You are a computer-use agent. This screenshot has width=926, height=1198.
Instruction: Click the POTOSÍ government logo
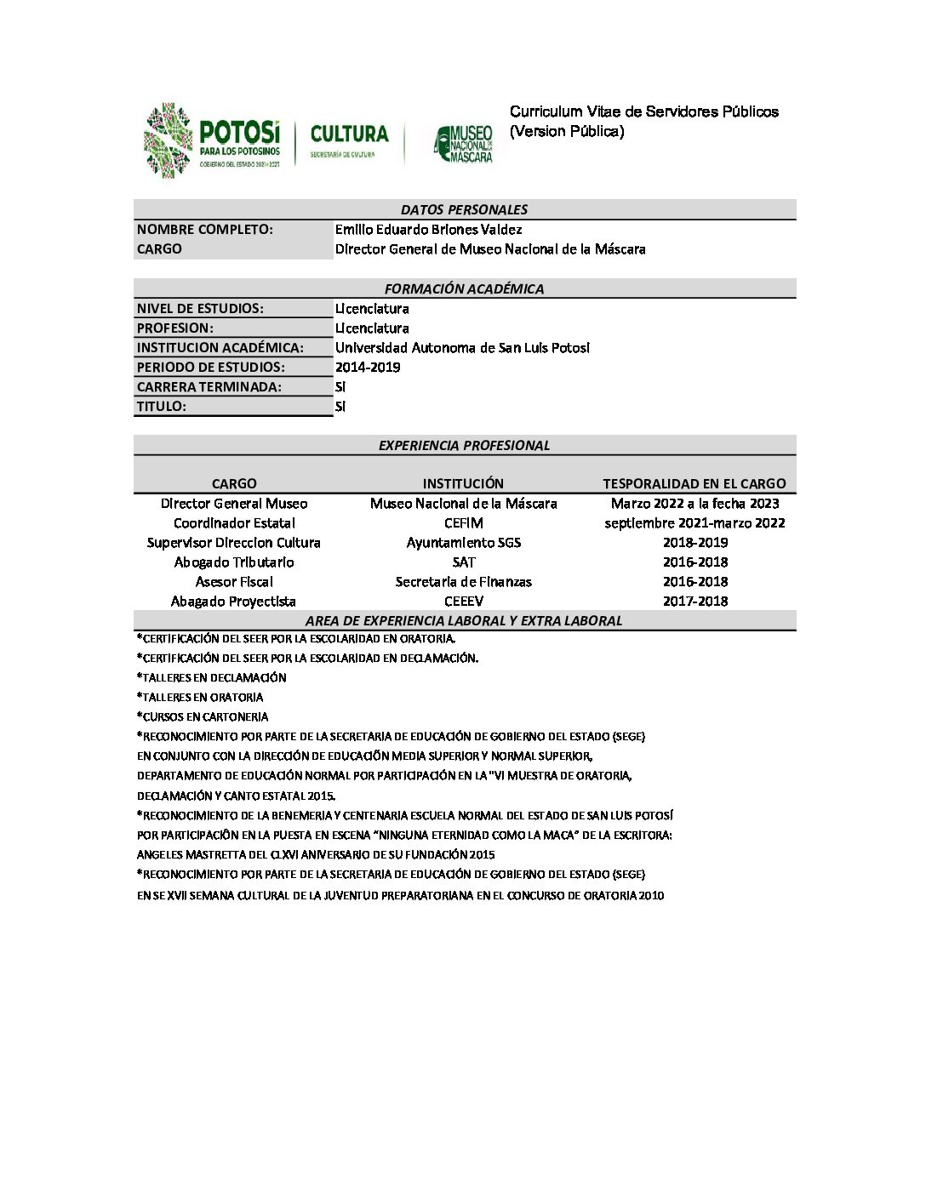pos(212,140)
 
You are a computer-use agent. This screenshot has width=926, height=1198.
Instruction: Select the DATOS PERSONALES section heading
pos(464,209)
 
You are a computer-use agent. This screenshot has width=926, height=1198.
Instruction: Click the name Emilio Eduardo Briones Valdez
pos(428,230)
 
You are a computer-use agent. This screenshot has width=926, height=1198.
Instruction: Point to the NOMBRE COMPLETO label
pos(204,230)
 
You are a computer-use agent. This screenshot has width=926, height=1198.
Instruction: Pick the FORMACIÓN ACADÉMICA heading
pos(464,288)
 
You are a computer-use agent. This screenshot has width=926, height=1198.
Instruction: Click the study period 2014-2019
pos(368,368)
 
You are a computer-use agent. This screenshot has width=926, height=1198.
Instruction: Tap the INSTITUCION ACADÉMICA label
pos(220,348)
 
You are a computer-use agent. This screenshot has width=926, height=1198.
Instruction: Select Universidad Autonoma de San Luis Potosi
pos(462,348)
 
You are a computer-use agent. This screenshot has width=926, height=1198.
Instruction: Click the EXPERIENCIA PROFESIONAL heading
pos(464,445)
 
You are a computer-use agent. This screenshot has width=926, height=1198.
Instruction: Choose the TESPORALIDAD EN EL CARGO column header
pos(694,483)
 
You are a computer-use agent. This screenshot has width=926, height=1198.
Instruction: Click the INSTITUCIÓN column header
pos(463,483)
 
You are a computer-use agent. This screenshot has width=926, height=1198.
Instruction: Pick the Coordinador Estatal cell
pos(234,523)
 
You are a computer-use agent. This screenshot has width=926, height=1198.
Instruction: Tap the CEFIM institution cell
pos(464,523)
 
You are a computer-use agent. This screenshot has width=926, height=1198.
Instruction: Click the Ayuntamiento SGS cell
pos(464,543)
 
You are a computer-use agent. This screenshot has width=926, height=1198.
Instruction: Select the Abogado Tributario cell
pos(234,562)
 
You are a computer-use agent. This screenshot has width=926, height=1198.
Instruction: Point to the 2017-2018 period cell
pos(695,602)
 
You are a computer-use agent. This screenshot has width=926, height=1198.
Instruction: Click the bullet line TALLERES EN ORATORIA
pos(200,698)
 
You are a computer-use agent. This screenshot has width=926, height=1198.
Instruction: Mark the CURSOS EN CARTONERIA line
pos(203,717)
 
